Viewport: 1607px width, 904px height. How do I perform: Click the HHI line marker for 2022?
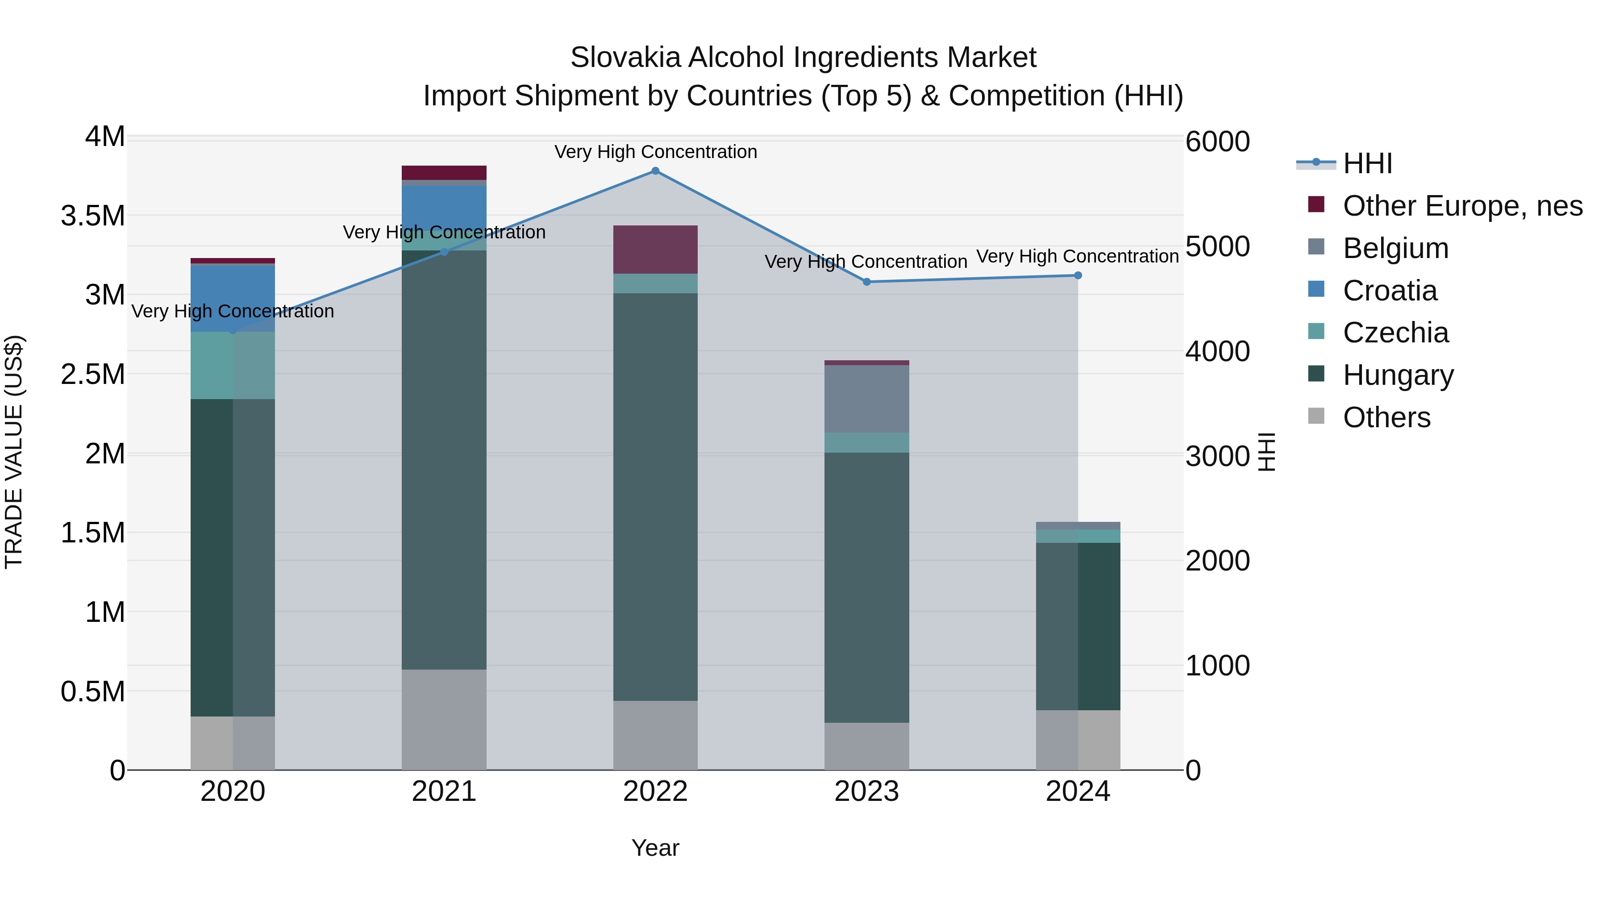(x=655, y=171)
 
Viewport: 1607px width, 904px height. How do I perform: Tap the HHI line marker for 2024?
(x=1078, y=275)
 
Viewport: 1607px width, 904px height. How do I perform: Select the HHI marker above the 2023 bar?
(x=866, y=282)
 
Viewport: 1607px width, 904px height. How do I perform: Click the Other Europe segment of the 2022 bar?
(x=655, y=250)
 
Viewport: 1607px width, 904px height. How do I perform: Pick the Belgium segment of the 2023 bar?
(x=866, y=399)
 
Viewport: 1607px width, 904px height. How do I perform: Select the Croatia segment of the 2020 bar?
(x=233, y=298)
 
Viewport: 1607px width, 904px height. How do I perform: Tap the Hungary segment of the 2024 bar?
(x=1078, y=626)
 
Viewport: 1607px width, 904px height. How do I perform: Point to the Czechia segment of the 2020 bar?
(x=233, y=365)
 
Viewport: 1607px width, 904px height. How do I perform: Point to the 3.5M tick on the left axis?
(x=93, y=216)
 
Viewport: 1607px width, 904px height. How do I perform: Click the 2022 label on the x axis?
(x=655, y=792)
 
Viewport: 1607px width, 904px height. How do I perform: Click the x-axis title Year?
(x=655, y=848)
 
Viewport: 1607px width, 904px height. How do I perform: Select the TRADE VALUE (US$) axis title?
(x=14, y=452)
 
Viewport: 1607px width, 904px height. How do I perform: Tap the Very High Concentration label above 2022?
(x=655, y=152)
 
